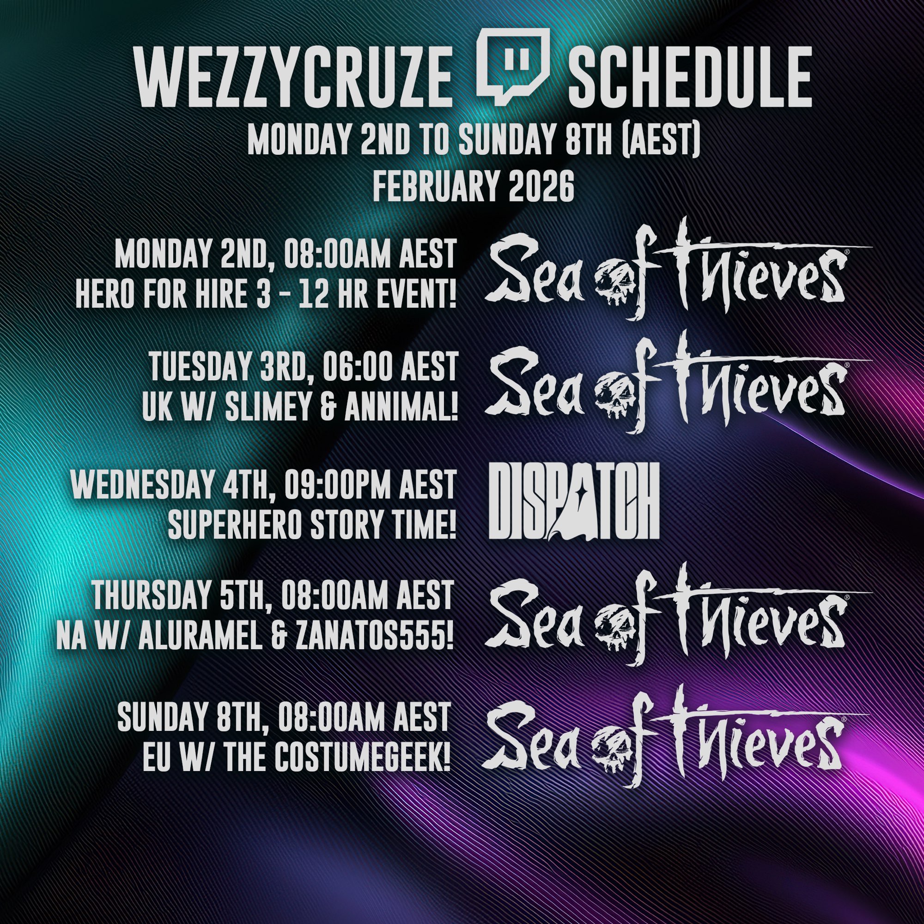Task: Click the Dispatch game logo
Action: (x=574, y=501)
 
